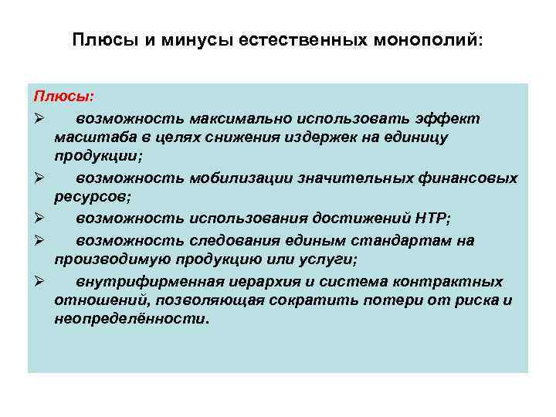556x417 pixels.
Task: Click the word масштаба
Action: [x=89, y=137]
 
